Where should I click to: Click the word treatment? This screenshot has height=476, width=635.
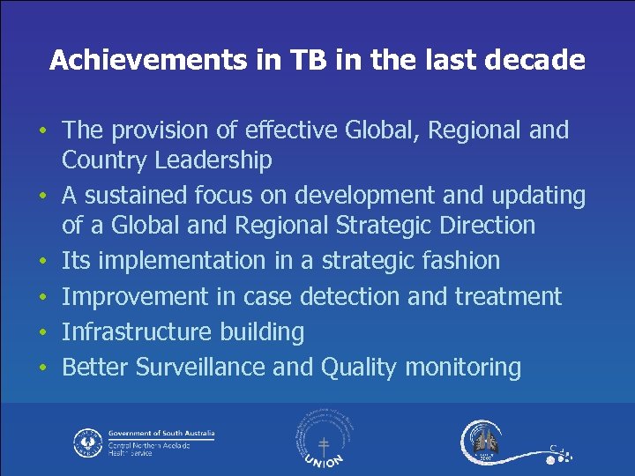[507, 296]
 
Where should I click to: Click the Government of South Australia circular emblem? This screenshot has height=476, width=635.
[87, 442]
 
